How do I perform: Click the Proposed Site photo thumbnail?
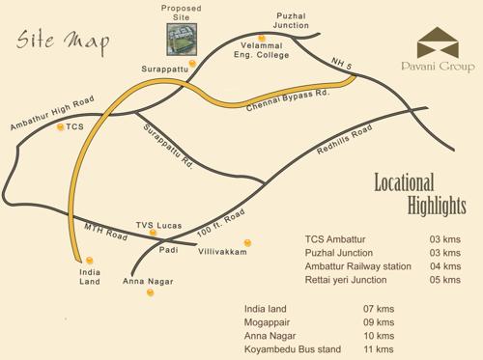pos(179,36)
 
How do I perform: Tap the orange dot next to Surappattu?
pos(193,64)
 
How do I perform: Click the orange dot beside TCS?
pos(61,126)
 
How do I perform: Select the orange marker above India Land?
pos(90,260)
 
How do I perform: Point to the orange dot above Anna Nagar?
pos(151,291)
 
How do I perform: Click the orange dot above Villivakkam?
pos(247,242)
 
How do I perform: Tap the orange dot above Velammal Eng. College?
pos(260,38)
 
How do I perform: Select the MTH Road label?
pos(105,231)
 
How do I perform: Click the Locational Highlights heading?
pos(419,194)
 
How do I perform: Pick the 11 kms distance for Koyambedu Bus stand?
pos(384,349)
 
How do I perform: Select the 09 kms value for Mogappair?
pos(384,322)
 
